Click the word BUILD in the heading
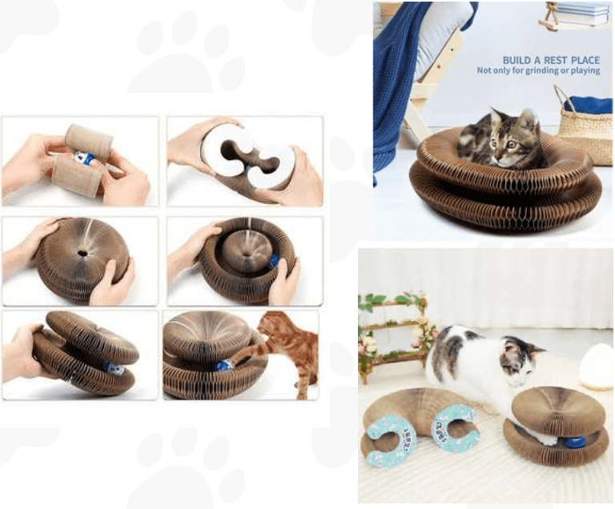click(x=516, y=60)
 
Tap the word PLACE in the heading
click(x=585, y=60)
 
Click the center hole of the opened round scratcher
click(x=82, y=254)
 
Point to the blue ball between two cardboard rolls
click(x=83, y=158)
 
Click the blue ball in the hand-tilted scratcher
click(x=115, y=368)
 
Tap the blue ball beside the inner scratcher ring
click(x=273, y=260)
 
